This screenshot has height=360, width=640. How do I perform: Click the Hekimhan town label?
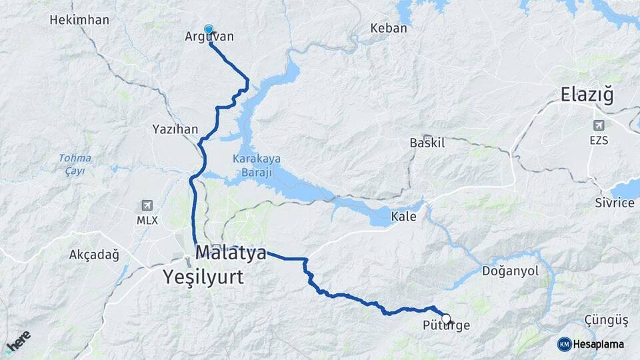click(x=79, y=20)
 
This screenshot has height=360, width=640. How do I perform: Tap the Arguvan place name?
click(x=209, y=37)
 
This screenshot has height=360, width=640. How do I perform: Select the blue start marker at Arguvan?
click(x=209, y=29)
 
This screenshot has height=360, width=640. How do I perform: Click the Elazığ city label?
click(x=586, y=95)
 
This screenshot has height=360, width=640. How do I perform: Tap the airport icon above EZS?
click(x=598, y=125)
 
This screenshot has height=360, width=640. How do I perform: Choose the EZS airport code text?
click(x=598, y=141)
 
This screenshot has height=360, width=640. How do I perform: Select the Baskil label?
click(x=427, y=143)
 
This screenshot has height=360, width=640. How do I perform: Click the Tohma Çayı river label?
click(x=75, y=164)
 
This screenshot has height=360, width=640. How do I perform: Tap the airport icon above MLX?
click(x=147, y=205)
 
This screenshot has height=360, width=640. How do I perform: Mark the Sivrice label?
click(x=614, y=203)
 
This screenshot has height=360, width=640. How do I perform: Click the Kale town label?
click(x=404, y=217)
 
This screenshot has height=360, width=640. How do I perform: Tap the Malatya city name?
click(x=231, y=253)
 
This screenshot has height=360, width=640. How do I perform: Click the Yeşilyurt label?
click(x=203, y=277)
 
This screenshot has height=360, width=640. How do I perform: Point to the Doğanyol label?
click(x=509, y=271)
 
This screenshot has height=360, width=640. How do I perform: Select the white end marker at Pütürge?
click(x=446, y=319)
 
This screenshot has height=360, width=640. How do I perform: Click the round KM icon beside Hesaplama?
click(x=564, y=344)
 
